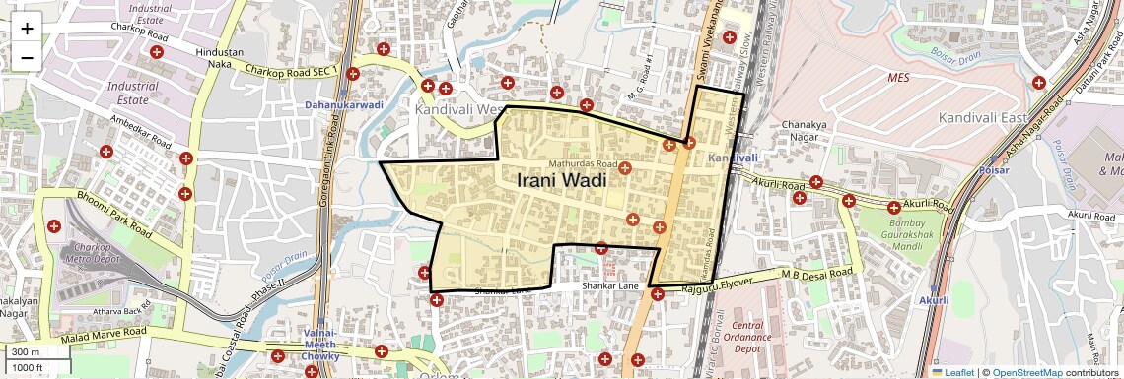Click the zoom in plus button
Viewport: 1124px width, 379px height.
[27, 28]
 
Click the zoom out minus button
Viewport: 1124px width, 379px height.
[27, 57]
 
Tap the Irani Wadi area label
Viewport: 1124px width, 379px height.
[560, 181]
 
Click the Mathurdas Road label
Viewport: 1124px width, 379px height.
[583, 164]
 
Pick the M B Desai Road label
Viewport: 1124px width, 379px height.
[816, 273]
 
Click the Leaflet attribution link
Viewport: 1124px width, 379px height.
[952, 372]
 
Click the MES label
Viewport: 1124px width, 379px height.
[898, 76]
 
